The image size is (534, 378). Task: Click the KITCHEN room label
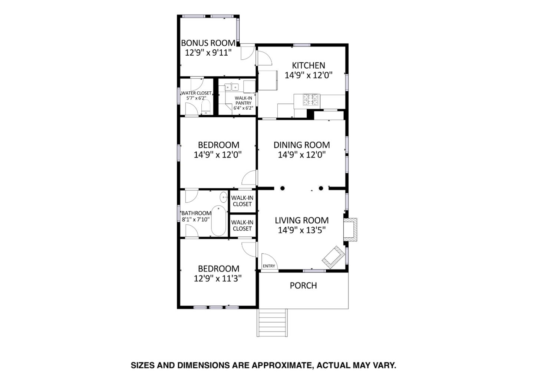(x=308, y=65)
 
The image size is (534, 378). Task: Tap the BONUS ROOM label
(x=208, y=43)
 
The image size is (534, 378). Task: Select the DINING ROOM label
(x=301, y=145)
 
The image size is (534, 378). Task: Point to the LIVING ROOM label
(x=301, y=220)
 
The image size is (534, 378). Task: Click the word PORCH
(x=303, y=286)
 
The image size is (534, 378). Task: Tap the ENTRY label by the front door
(x=269, y=266)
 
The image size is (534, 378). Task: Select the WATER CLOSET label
(x=196, y=93)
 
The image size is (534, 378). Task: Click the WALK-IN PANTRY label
(x=243, y=101)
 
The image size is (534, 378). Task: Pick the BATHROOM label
(x=196, y=213)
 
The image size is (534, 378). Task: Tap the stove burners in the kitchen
(x=311, y=100)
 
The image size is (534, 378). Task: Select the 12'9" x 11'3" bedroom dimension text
(x=218, y=278)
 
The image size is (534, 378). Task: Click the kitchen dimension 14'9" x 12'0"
(x=308, y=75)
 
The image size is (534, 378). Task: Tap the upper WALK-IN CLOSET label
(x=242, y=201)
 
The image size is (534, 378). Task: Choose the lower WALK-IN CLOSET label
(x=242, y=225)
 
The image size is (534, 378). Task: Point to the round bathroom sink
(x=224, y=197)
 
